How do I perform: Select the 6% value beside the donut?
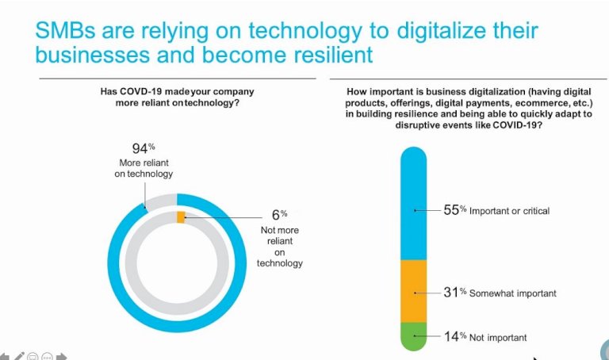[x=278, y=214]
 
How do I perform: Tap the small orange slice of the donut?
[x=181, y=216]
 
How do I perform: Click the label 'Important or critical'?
[x=509, y=212]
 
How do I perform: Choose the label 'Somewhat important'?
[x=512, y=293]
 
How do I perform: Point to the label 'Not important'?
[x=498, y=338]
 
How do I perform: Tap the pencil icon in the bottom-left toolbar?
[x=20, y=355]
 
